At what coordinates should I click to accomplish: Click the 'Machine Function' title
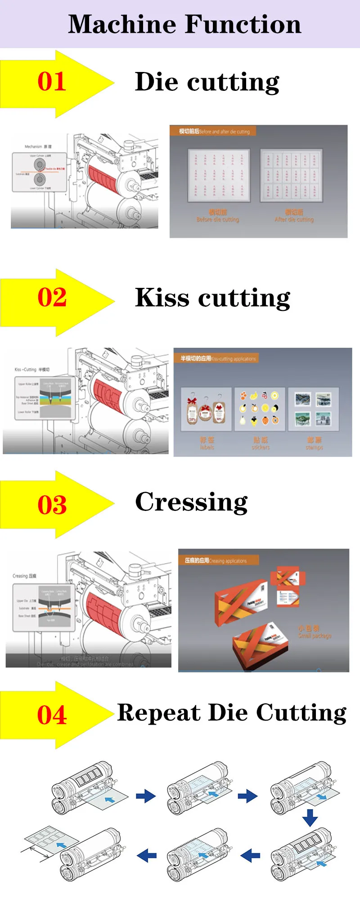coord(184,24)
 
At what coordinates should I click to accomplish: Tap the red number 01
coord(52,82)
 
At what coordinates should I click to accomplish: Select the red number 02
coord(52,298)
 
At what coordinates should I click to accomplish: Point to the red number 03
coord(52,505)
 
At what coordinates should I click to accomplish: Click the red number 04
coord(52,715)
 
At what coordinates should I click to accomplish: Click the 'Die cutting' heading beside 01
coord(207,82)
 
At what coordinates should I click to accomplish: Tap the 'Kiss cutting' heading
coord(212,298)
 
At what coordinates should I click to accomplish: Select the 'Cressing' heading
coord(191,502)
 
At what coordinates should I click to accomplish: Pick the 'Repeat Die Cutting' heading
coord(232,713)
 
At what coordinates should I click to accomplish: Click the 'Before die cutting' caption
coord(218,219)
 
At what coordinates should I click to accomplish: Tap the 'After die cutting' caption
coord(294,219)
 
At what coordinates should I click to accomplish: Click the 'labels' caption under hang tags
coord(207,447)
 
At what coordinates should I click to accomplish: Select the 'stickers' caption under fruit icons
coord(261,447)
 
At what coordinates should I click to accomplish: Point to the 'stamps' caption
coord(314,447)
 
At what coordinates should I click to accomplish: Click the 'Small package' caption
coord(315,636)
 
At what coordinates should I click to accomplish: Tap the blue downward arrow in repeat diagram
coord(310,817)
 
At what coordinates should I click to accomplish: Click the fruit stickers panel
coord(259,409)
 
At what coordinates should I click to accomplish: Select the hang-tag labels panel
coord(206,409)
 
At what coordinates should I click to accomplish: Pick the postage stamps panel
coord(313,409)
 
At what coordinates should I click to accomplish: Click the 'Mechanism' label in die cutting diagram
coord(33,147)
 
